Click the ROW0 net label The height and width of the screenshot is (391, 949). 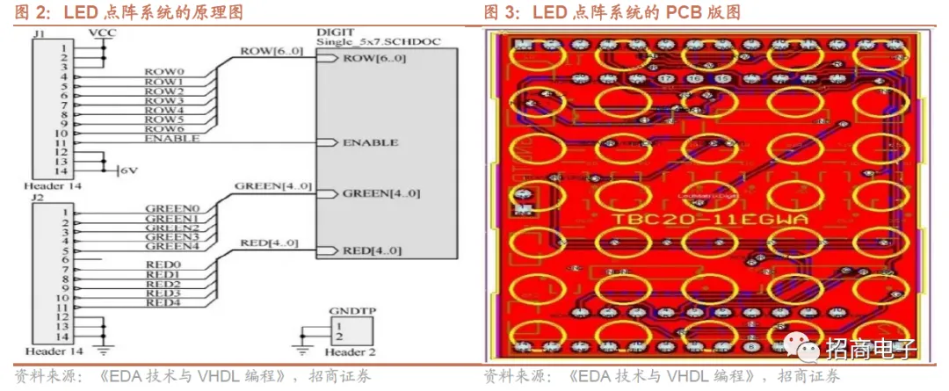164,72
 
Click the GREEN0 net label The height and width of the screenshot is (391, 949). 172,208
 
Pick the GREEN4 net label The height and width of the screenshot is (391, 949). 172,247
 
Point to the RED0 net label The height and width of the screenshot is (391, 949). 163,264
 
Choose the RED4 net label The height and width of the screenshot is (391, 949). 163,303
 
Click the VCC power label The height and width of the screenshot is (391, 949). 103,33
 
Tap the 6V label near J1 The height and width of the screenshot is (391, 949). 128,170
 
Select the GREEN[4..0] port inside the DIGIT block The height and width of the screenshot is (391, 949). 380,193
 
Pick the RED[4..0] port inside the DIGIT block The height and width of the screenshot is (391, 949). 372,251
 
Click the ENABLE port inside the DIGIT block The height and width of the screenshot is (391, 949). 370,142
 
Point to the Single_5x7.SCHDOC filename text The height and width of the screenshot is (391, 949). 377,42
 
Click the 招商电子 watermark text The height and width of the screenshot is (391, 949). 870,349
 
